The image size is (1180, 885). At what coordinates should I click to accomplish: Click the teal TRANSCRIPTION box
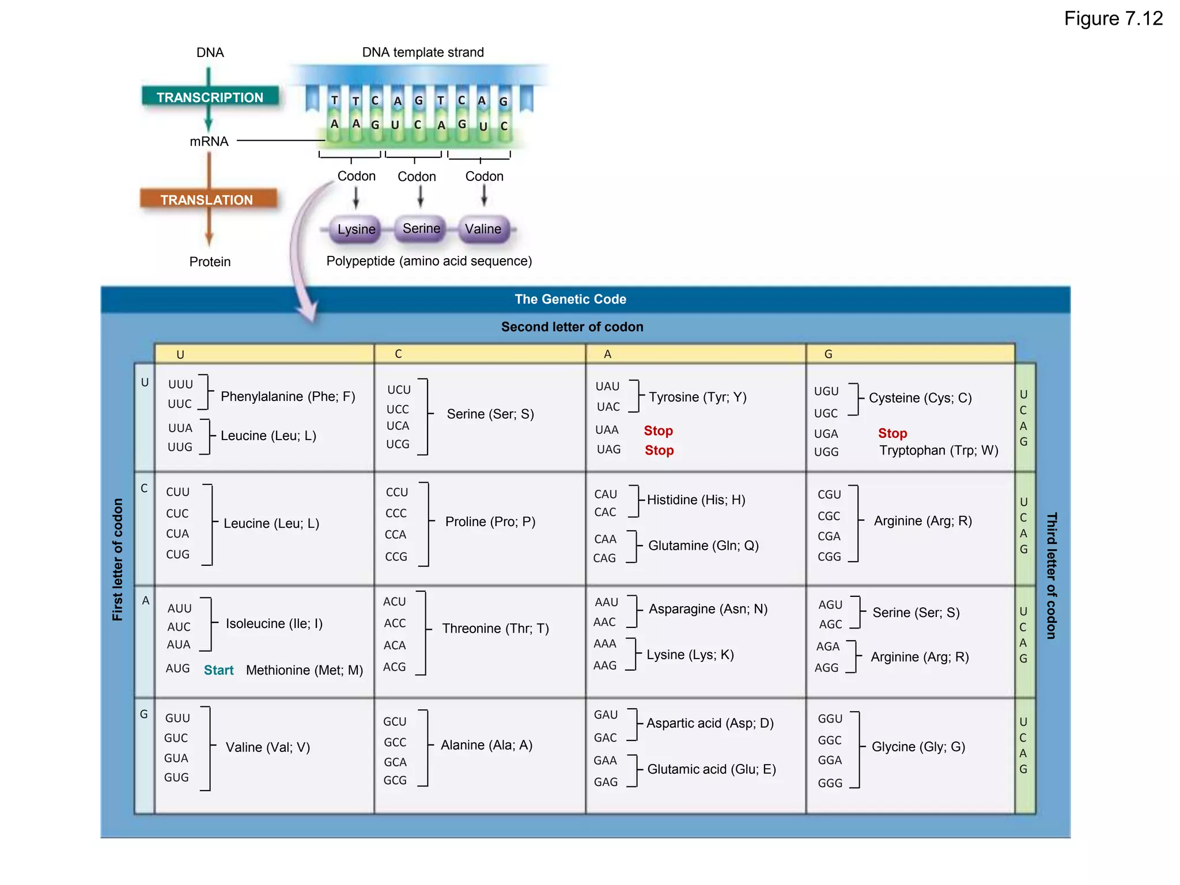tap(210, 97)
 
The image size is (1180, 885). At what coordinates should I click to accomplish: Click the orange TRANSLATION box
tap(207, 199)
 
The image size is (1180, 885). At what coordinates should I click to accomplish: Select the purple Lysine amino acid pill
tap(356, 229)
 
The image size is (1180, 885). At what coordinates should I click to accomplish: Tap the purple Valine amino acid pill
tap(483, 229)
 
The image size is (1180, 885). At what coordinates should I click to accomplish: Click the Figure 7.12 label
tap(1113, 19)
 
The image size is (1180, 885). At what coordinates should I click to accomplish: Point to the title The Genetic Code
tap(570, 299)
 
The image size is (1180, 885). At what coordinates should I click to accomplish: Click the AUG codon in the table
tap(177, 668)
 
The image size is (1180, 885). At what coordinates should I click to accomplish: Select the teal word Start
tap(218, 670)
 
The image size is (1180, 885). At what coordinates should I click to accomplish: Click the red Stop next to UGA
tap(892, 433)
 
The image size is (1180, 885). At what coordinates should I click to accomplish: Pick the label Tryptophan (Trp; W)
tap(939, 451)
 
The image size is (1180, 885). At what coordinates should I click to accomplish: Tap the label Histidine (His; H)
tap(696, 500)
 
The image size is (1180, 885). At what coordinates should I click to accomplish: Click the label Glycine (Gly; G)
tap(918, 747)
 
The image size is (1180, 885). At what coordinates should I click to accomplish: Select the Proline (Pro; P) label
tap(490, 522)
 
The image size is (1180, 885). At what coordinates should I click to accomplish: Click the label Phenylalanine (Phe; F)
tap(288, 396)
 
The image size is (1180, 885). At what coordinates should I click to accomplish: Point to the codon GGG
tap(830, 783)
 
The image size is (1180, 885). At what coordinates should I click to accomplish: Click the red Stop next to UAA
tap(658, 431)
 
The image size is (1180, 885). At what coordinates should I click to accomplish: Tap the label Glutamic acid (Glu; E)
tap(712, 769)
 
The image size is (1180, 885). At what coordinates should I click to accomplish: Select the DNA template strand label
tap(422, 52)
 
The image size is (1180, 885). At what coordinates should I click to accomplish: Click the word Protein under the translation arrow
tap(210, 262)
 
